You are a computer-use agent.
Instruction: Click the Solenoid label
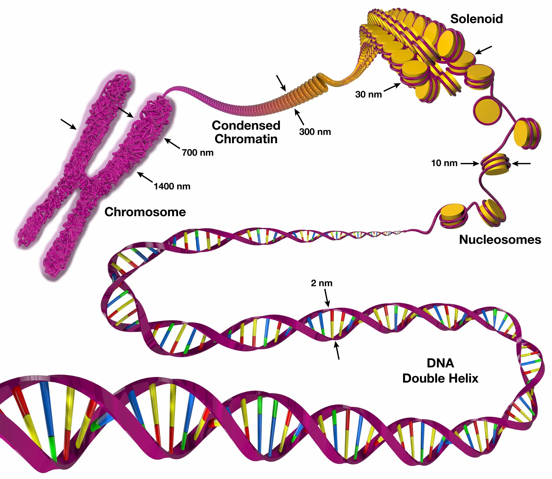(x=476, y=19)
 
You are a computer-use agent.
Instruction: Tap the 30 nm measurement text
(x=368, y=94)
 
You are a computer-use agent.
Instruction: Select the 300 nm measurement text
(x=315, y=132)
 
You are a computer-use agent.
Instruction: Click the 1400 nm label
(x=172, y=186)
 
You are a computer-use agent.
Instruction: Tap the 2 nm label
(x=322, y=283)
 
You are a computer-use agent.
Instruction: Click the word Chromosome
(x=145, y=212)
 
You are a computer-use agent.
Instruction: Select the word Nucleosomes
(x=500, y=240)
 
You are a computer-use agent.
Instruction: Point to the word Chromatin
(x=246, y=139)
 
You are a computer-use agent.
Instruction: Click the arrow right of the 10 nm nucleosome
(x=521, y=163)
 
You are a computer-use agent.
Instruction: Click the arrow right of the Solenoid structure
(x=483, y=50)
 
